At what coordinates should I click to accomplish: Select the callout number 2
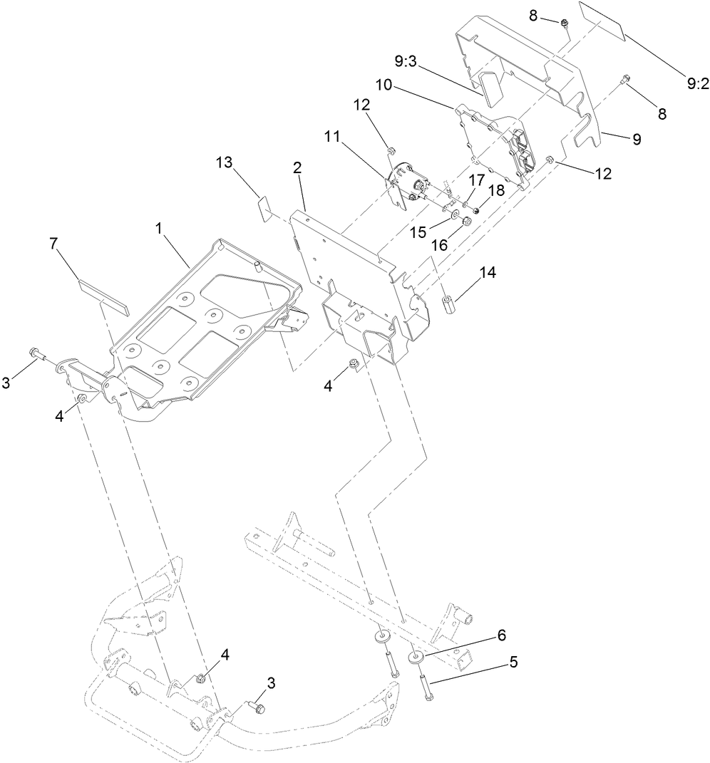tap(297, 169)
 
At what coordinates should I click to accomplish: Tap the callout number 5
tap(513, 662)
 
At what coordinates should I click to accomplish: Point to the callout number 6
tap(501, 634)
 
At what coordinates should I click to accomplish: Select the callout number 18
tap(495, 191)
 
